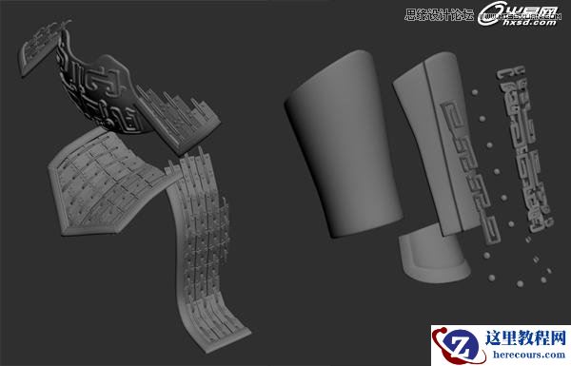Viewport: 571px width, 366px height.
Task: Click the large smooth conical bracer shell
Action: [x=338, y=143]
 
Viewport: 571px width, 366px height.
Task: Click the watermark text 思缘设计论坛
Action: [x=438, y=13]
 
